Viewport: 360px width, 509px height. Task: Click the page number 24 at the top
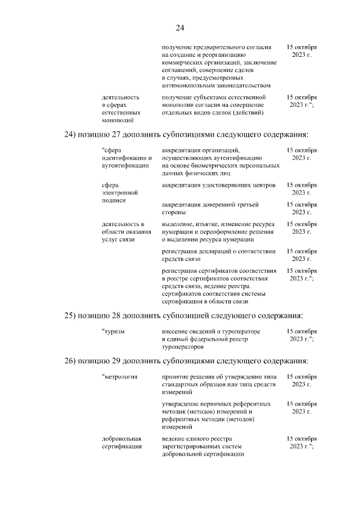pyautogui.click(x=180, y=28)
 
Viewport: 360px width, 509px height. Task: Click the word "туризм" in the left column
pyautogui.click(x=114, y=332)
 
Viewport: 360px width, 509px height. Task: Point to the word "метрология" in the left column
pyautogui.click(x=121, y=376)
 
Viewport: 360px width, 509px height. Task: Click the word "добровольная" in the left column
pyautogui.click(x=121, y=438)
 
